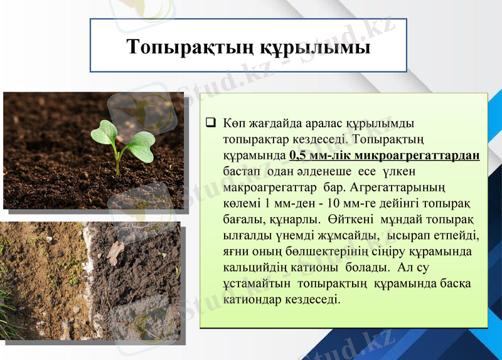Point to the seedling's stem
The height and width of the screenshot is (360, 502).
[117, 162]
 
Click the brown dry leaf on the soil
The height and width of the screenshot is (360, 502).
[115, 252]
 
